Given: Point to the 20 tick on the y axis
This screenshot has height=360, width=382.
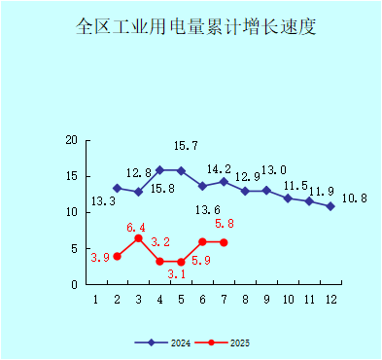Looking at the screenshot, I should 71,140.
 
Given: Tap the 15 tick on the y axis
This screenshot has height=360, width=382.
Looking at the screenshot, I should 71,176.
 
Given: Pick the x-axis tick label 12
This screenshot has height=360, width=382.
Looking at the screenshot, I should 330,299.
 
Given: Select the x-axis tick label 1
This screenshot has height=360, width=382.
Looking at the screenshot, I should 95,299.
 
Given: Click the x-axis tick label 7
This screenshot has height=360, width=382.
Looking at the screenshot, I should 224,299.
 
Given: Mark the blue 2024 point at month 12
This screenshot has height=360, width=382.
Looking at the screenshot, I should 330,206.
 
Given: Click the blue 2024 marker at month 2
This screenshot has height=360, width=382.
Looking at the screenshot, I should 117,188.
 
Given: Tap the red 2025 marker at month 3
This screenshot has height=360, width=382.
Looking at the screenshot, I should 138,238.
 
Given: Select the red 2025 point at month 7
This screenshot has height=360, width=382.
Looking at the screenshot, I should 224,242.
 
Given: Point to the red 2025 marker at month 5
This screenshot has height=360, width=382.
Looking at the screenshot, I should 181,262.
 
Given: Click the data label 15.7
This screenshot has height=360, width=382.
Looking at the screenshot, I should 186,146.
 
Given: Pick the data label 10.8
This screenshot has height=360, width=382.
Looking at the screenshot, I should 356,198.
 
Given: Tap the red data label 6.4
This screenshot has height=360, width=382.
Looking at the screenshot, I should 137,227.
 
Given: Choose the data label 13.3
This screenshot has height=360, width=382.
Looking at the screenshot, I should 103,202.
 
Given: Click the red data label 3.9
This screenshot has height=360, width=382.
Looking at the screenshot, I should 99,258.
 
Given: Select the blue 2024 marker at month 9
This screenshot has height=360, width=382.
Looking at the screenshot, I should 266,191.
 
